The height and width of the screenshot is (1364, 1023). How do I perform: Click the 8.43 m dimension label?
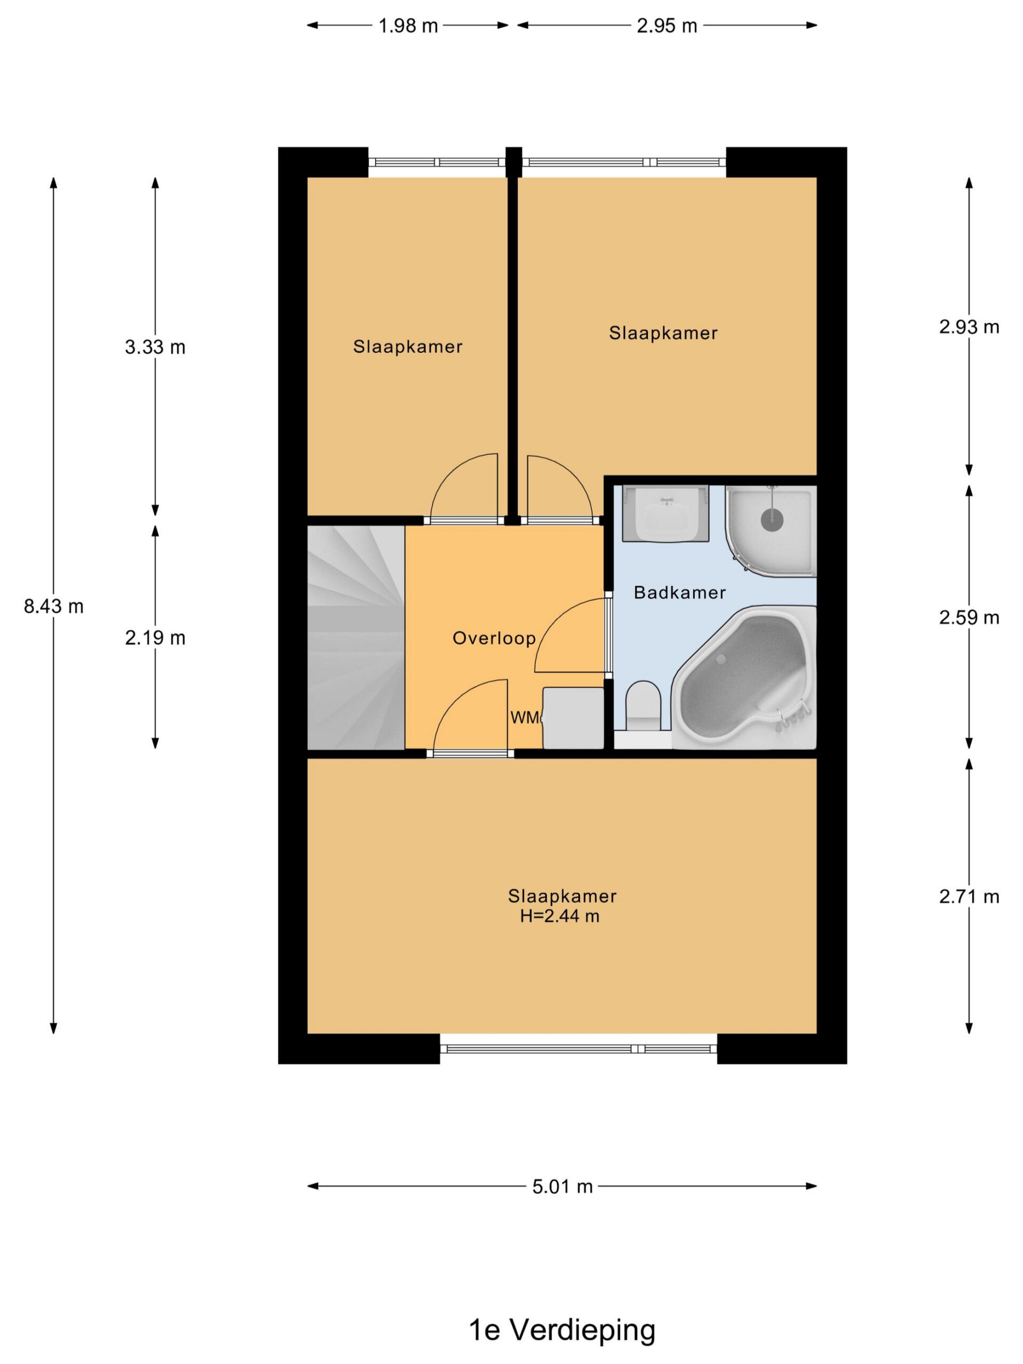[x=54, y=607]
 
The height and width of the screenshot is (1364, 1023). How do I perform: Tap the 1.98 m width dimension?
[x=408, y=26]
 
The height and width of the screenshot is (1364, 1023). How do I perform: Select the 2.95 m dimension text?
[x=667, y=26]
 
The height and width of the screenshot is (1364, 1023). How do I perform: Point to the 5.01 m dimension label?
[x=562, y=1187]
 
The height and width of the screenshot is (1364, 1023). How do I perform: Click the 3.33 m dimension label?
[x=155, y=347]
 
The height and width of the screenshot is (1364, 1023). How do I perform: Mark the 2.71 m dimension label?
[x=969, y=897]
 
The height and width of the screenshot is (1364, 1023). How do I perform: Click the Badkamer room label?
[x=679, y=592]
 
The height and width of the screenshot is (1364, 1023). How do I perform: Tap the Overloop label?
[x=494, y=638]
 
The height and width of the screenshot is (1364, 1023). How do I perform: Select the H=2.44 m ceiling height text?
[x=559, y=916]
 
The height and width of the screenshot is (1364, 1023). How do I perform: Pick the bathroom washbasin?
[x=665, y=514]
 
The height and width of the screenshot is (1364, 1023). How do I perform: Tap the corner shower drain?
[x=772, y=520]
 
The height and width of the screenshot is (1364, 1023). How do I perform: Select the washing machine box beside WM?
[x=573, y=718]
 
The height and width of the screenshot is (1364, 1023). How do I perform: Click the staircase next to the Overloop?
[x=356, y=638]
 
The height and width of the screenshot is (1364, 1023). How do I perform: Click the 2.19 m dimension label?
[x=155, y=638]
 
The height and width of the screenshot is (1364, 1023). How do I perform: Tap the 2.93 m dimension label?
[x=969, y=327]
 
